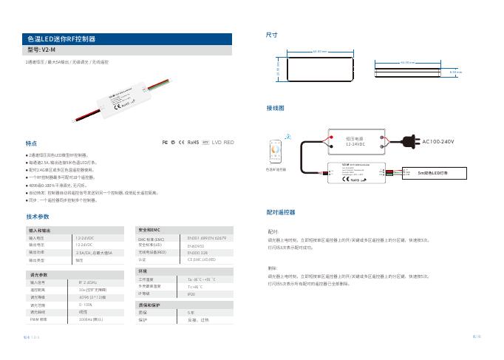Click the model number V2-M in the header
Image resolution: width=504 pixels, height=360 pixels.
(x=47, y=50)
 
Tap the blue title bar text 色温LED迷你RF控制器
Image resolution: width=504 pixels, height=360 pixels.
(x=61, y=38)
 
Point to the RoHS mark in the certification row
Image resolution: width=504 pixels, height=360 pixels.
(x=193, y=141)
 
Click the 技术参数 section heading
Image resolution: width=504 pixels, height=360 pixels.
(x=38, y=217)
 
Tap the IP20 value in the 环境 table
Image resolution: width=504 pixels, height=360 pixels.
(x=191, y=293)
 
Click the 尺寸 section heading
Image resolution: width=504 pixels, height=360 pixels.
(x=272, y=35)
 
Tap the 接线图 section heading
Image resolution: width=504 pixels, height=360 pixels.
(x=275, y=107)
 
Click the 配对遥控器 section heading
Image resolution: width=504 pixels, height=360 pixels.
(x=280, y=211)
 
